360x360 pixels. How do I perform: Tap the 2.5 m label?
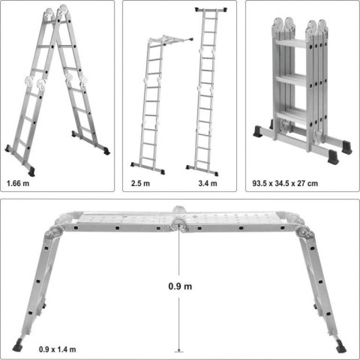coord(140,182)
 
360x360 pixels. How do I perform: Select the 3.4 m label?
coord(208,182)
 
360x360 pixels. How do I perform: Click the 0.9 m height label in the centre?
coord(180,285)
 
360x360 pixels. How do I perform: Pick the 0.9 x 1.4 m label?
coord(58,349)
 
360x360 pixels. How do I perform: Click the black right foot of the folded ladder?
coord(346,148)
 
